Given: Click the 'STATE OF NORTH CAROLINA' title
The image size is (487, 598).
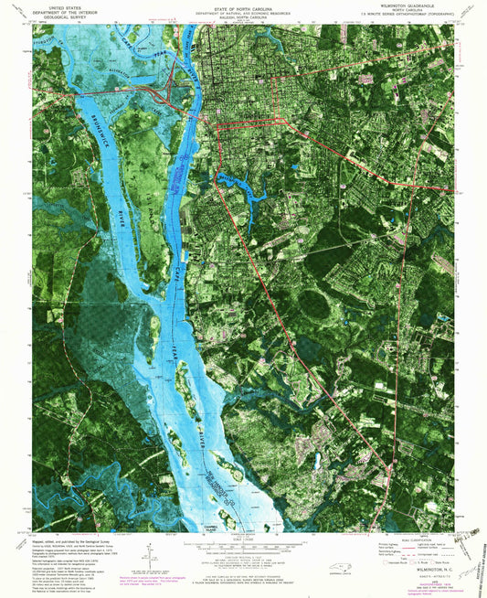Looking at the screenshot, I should tap(243, 6).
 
